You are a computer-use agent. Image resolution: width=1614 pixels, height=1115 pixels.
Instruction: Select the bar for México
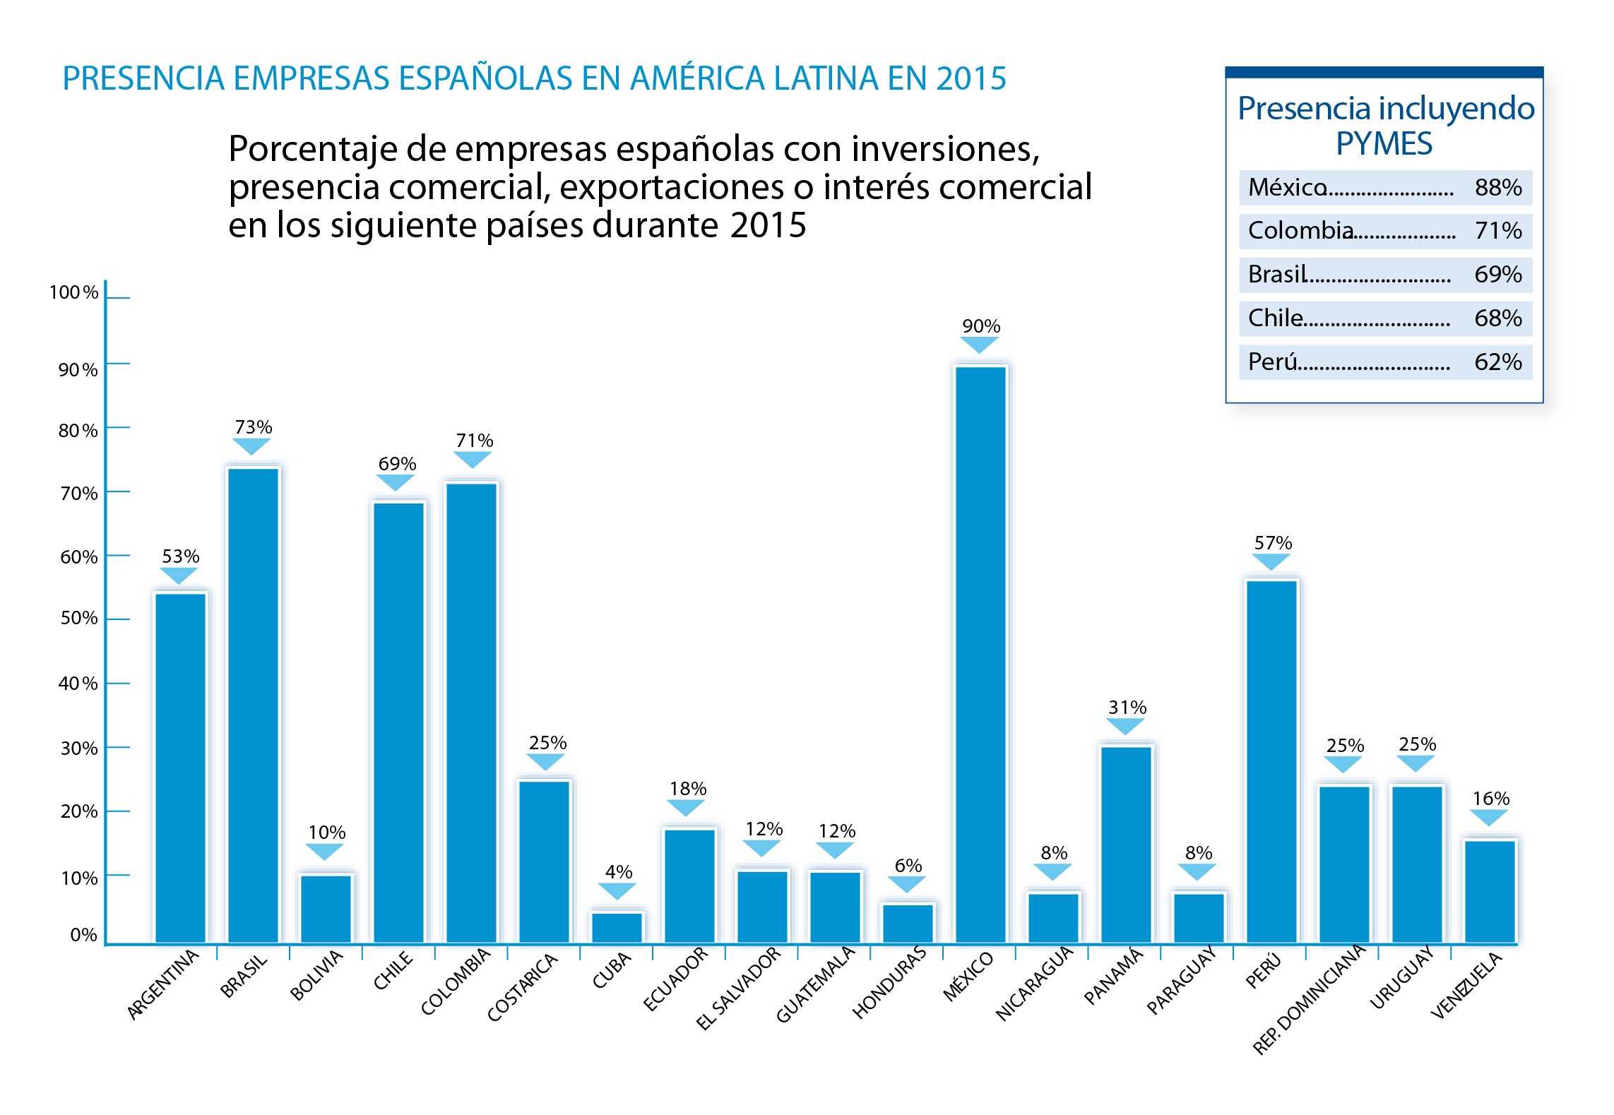click(980, 653)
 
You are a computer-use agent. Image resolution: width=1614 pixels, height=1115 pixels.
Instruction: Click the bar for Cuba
click(617, 927)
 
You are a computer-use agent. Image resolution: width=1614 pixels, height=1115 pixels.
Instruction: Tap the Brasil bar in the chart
click(254, 704)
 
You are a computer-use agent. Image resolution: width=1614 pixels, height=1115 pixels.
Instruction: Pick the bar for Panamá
click(1126, 843)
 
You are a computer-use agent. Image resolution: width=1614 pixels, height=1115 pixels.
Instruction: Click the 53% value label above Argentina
click(181, 556)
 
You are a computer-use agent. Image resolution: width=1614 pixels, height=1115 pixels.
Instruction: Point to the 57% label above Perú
click(1273, 543)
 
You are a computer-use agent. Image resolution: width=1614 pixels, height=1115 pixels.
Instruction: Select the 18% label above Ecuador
click(688, 789)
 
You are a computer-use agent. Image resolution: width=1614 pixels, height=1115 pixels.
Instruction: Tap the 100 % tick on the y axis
click(73, 292)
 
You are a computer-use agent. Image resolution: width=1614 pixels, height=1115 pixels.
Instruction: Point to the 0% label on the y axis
click(83, 935)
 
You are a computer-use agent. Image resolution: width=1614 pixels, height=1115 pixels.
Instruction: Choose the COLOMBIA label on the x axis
click(456, 982)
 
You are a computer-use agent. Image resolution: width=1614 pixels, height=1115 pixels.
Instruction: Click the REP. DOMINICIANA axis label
click(1310, 998)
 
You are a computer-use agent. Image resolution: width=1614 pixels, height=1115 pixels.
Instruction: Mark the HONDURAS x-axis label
click(889, 982)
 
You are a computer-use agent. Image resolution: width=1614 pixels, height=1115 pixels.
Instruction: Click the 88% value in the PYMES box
click(1497, 188)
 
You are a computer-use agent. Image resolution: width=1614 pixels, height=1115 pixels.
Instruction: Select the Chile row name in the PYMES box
click(1275, 318)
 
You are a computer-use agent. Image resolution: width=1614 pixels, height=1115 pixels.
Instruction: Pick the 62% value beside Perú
click(1497, 362)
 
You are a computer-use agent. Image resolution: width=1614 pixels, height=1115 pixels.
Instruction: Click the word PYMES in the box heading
click(1384, 144)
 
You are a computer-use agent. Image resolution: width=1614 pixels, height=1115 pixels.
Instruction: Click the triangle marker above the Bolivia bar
click(325, 851)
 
